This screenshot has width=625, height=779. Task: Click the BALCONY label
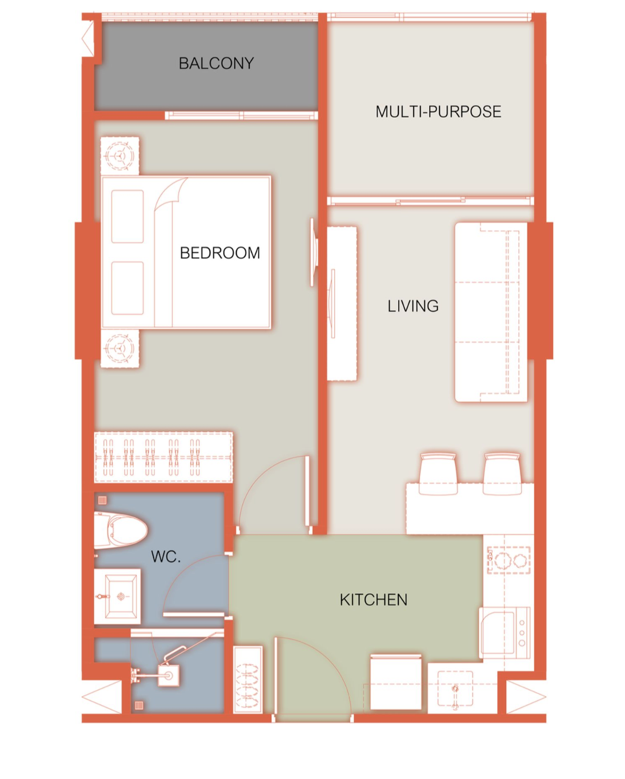(216, 63)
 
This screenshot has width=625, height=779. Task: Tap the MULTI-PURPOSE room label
(438, 112)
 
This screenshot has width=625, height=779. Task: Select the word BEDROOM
(220, 253)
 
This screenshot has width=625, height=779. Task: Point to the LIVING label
(413, 306)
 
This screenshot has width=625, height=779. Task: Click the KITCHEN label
(374, 600)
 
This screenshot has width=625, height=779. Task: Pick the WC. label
(166, 557)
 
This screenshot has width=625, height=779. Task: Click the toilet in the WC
(120, 530)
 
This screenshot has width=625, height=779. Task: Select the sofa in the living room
(491, 312)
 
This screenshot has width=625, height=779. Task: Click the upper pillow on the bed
(127, 217)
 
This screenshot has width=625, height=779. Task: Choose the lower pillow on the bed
(127, 288)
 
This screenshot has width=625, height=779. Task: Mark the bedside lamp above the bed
(119, 156)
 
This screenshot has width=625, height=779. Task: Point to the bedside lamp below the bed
(119, 348)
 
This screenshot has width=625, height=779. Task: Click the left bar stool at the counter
(437, 473)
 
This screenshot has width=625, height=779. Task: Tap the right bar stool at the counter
(502, 473)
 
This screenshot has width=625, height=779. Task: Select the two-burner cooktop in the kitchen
(508, 560)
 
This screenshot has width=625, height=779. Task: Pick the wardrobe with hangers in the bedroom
(163, 457)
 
